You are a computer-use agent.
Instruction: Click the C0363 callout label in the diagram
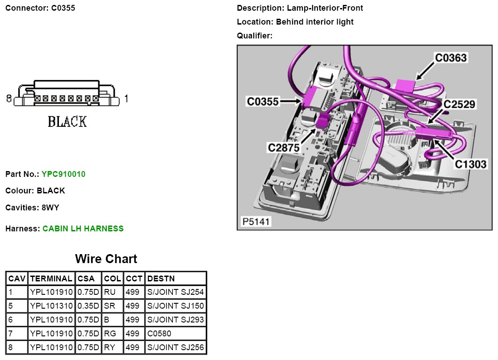pyautogui.click(x=451, y=58)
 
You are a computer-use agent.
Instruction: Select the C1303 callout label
pyautogui.click(x=471, y=164)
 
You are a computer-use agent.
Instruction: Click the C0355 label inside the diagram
pyautogui.click(x=263, y=102)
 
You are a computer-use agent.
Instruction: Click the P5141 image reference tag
pyautogui.click(x=256, y=222)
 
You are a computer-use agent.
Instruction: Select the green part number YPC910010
pyautogui.click(x=63, y=174)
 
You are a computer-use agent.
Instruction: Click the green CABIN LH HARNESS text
pyautogui.click(x=83, y=229)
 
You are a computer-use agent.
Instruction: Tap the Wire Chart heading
pyautogui.click(x=106, y=259)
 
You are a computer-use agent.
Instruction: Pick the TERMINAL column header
pyautogui.click(x=51, y=279)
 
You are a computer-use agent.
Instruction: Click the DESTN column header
pyautogui.click(x=161, y=279)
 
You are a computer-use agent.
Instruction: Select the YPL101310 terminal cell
pyautogui.click(x=51, y=306)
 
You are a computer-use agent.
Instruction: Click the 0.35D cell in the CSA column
pyautogui.click(x=88, y=306)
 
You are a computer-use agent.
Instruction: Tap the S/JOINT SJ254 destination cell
pyautogui.click(x=175, y=292)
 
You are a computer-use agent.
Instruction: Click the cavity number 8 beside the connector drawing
pyautogui.click(x=9, y=98)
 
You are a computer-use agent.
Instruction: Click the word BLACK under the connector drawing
pyautogui.click(x=67, y=121)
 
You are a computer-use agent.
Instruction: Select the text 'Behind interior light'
pyautogui.click(x=314, y=22)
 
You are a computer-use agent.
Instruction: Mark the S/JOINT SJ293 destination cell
pyautogui.click(x=175, y=320)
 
